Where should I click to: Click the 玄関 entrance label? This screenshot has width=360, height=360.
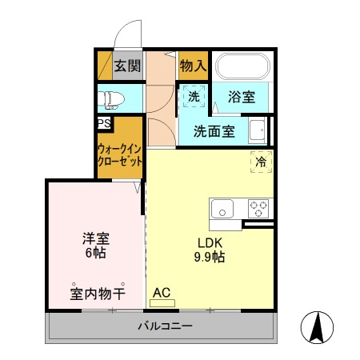127,66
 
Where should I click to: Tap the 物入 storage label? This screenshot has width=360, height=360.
194,66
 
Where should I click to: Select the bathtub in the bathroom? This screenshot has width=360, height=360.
242,66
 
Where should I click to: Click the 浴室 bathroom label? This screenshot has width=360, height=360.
242,97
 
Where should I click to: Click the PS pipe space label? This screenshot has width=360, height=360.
104,123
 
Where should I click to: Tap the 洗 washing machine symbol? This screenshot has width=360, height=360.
194,96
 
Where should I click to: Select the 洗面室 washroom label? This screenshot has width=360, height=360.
214,131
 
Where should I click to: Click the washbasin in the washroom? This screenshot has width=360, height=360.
257,130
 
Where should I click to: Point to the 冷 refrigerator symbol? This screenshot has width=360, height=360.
262,162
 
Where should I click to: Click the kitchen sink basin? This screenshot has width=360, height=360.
222,209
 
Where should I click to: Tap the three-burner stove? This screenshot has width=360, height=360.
258,209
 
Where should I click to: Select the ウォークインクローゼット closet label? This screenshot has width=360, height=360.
119,155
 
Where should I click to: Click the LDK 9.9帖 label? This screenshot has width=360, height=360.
210,250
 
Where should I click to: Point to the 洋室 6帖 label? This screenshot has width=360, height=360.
96,246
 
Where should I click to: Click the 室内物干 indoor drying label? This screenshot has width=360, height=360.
98,294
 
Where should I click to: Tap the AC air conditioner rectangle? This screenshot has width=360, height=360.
162,303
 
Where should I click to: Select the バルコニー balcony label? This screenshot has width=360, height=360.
165,326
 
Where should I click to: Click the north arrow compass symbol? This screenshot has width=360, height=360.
317,327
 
